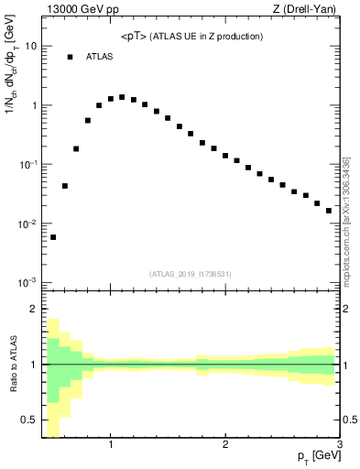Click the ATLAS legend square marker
click(x=70, y=57)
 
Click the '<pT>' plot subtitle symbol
click(x=135, y=37)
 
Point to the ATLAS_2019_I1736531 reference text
click(x=191, y=274)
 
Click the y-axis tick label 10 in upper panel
click(x=31, y=46)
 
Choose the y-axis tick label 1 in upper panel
click(x=34, y=105)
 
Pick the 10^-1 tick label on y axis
click(x=29, y=164)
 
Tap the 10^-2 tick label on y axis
click(x=29, y=224)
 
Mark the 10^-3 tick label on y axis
click(x=29, y=282)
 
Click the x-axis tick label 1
click(x=111, y=445)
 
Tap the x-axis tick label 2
click(x=225, y=445)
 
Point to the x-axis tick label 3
click(x=339, y=445)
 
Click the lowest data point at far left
click(x=53, y=237)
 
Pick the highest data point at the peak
click(x=122, y=97)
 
